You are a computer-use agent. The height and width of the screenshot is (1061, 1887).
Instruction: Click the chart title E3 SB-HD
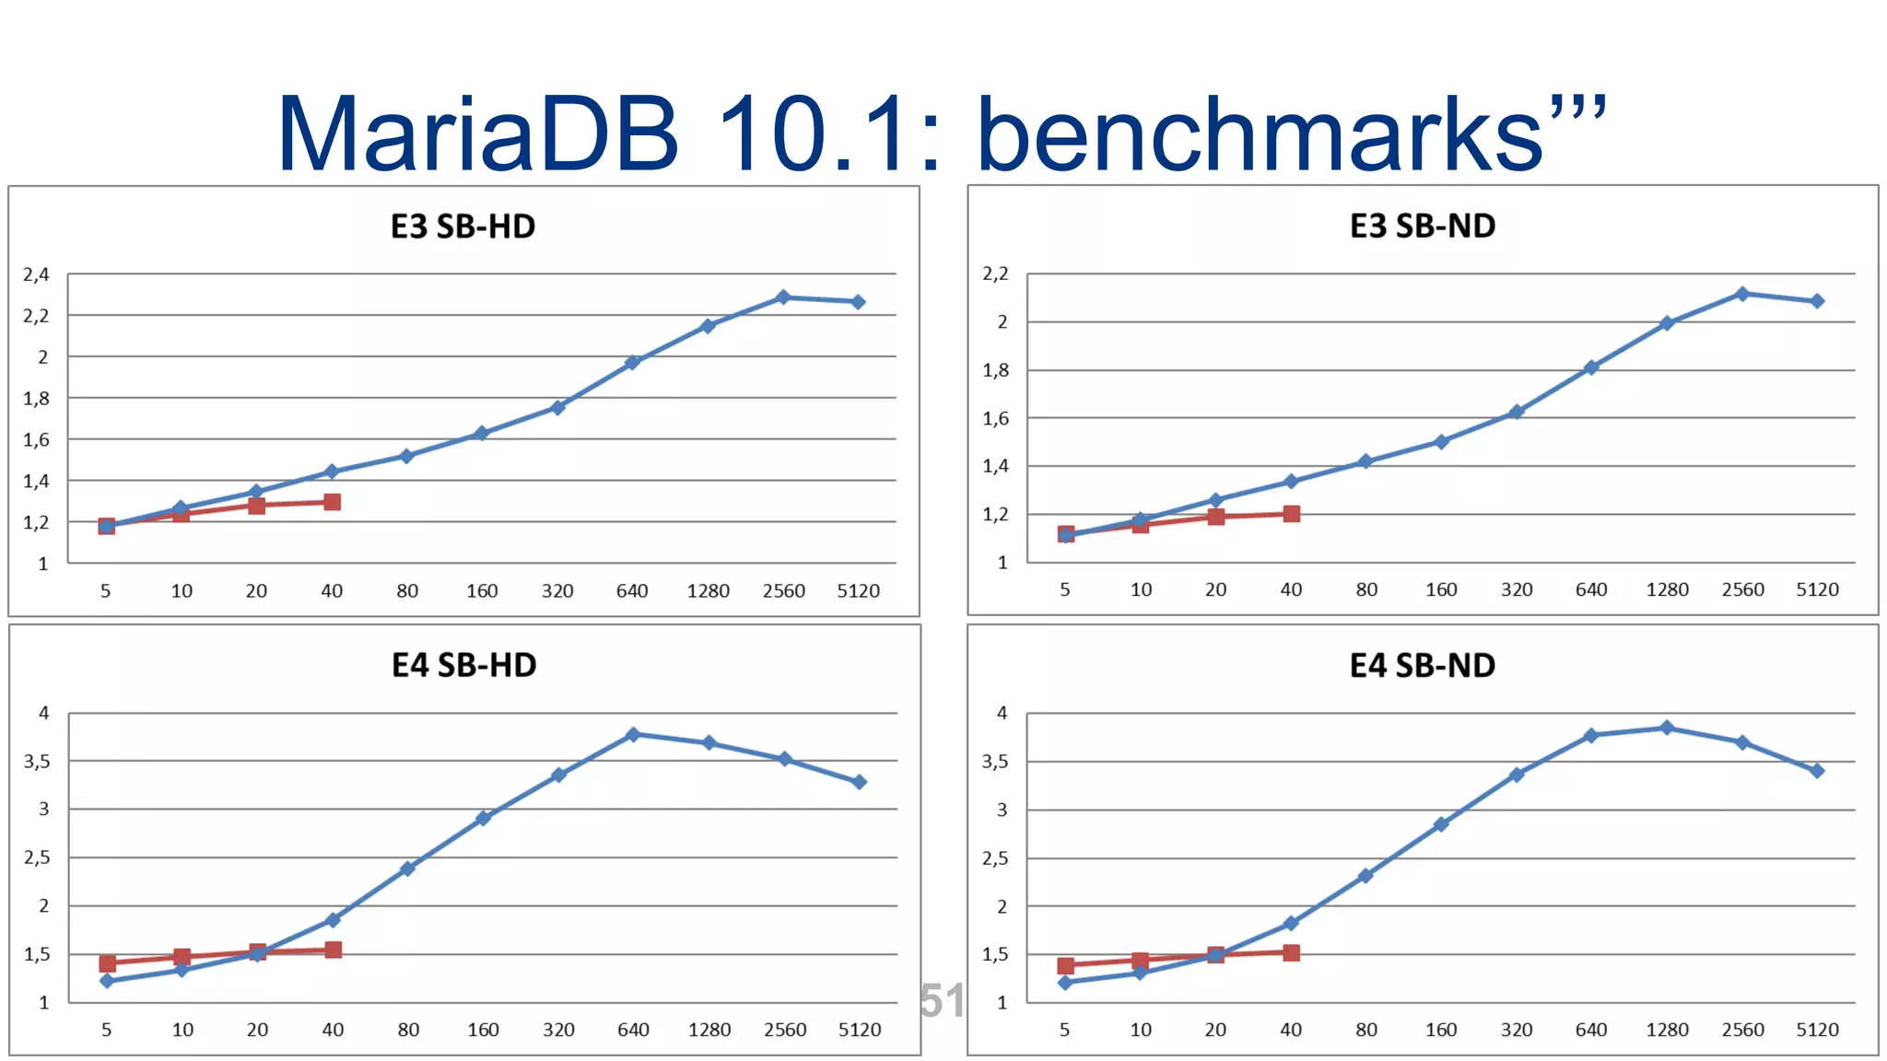point(463,227)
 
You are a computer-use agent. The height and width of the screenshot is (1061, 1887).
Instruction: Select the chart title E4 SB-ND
point(1422,666)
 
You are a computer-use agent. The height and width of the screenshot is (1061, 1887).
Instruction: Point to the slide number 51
point(942,1001)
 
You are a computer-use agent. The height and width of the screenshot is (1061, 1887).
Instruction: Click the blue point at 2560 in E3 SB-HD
point(783,297)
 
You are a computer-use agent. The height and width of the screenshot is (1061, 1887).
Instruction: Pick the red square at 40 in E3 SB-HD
point(333,502)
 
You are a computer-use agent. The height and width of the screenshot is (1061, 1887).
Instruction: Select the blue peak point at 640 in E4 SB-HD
point(633,735)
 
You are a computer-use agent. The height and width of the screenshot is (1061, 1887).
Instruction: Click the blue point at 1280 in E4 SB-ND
point(1667,728)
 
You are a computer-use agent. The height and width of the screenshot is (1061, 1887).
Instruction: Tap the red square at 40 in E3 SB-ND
point(1292,514)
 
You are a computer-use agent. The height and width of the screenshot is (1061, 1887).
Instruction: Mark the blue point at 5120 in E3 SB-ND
point(1817,301)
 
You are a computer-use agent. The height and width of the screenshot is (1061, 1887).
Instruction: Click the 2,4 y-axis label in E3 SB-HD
point(36,274)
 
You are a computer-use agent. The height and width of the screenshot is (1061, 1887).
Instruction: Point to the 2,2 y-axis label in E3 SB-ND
point(995,274)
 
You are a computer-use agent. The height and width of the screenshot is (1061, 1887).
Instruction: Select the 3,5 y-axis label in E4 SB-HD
point(37,762)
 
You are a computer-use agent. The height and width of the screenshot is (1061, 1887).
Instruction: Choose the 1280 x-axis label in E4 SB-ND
point(1667,1030)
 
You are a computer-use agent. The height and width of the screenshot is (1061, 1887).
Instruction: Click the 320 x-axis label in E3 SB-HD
point(557,591)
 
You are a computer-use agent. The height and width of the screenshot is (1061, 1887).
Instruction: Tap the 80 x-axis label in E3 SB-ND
point(1366,589)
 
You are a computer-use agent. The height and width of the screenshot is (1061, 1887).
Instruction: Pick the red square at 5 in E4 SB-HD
point(107,963)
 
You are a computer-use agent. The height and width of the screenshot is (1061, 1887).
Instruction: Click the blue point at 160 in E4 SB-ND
point(1441,824)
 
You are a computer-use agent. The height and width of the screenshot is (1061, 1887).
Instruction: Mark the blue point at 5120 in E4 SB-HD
point(859,782)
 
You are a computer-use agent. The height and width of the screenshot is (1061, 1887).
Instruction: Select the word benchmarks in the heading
point(1259,134)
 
